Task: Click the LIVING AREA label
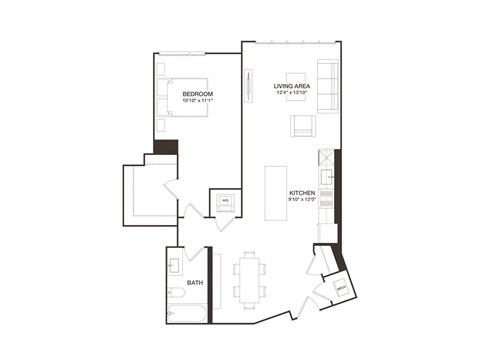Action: [x=293, y=86]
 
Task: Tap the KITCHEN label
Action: [x=302, y=192]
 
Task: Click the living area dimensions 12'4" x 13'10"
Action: [x=293, y=93]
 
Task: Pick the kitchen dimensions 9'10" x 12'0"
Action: [x=302, y=199]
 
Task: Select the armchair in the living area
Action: [x=302, y=126]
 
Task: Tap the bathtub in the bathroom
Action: [x=187, y=317]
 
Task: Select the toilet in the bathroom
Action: [x=175, y=294]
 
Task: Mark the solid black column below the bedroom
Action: [x=173, y=145]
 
